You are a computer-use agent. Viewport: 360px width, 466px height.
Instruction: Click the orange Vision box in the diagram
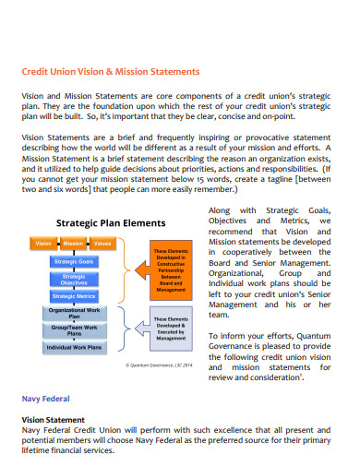click(x=42, y=244)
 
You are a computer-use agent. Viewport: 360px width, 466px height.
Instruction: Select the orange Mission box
click(x=73, y=244)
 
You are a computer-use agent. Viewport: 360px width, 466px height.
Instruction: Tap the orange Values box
click(x=103, y=244)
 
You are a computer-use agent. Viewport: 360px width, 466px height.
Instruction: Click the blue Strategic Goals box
click(x=74, y=261)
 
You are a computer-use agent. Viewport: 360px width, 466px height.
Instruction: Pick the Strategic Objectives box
click(x=74, y=278)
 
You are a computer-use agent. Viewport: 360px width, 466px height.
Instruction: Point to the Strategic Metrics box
click(x=74, y=295)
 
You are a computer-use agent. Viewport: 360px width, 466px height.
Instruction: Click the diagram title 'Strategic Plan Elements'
click(x=110, y=222)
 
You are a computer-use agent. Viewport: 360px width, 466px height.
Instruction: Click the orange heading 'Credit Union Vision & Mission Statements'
click(x=110, y=71)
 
